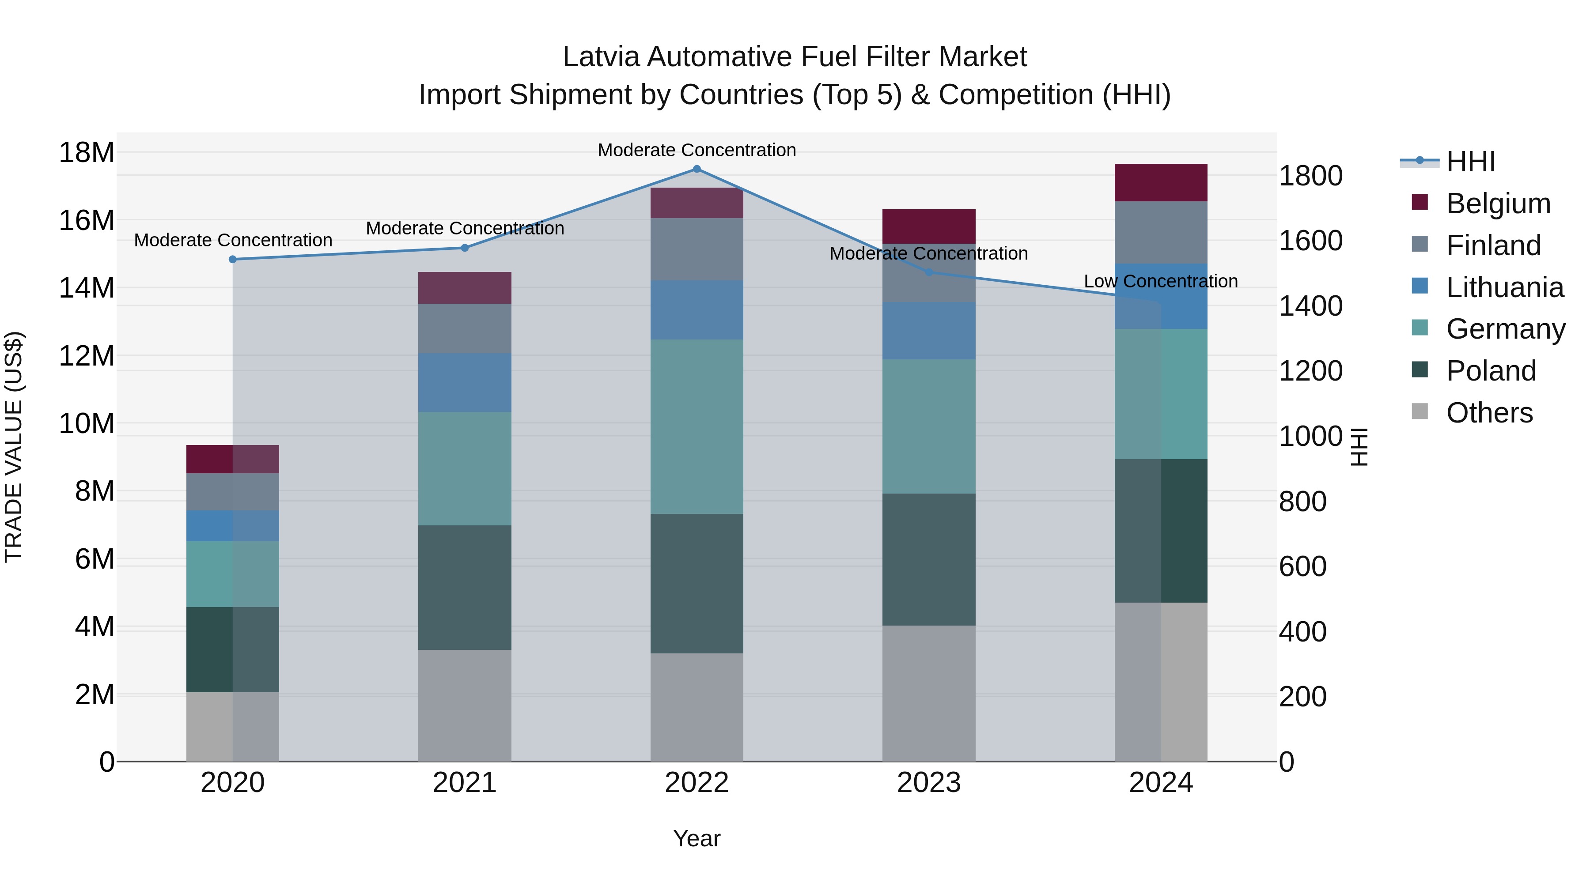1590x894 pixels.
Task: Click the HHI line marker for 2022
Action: (x=697, y=169)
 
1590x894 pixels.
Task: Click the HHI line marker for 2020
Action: (x=233, y=260)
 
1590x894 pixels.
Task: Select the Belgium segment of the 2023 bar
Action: (x=929, y=226)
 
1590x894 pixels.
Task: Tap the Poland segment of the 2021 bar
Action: (x=465, y=587)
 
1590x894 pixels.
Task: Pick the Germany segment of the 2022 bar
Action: (x=697, y=426)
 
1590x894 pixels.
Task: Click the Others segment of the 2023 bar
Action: (x=929, y=694)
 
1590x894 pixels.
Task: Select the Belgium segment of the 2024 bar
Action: (x=1161, y=183)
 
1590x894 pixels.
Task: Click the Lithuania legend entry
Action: (x=1504, y=287)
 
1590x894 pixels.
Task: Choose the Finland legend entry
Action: (x=1493, y=245)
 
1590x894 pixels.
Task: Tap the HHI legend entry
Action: (x=1470, y=162)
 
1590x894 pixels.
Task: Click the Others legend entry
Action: (x=1489, y=413)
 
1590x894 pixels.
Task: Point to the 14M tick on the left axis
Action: (x=87, y=288)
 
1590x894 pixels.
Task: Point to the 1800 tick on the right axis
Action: (x=1310, y=176)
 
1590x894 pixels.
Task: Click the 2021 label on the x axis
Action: (x=465, y=783)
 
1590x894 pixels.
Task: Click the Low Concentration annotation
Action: (x=1160, y=281)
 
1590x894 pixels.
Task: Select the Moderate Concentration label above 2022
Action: (x=697, y=150)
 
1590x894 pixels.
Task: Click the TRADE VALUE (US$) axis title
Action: (x=14, y=447)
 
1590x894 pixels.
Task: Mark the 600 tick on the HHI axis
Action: (x=1302, y=566)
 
